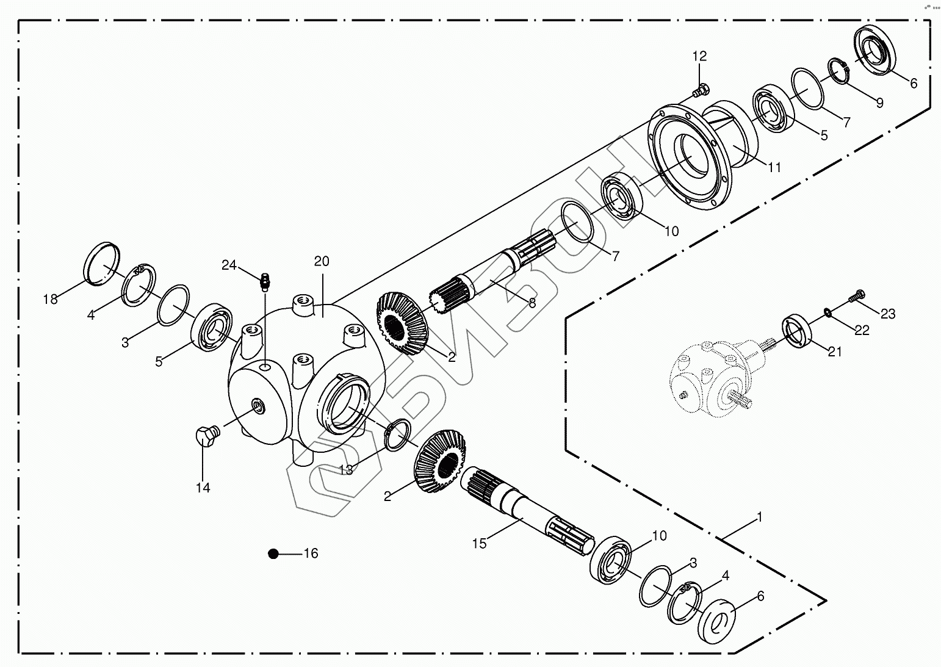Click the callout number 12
point(699,56)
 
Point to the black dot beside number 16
point(273,553)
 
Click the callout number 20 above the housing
point(322,262)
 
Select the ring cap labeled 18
point(101,263)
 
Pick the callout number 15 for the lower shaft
point(480,543)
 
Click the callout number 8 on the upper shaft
point(532,303)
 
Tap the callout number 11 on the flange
point(774,167)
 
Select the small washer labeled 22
point(827,312)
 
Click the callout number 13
point(345,469)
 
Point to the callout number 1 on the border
point(759,517)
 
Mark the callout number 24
point(229,265)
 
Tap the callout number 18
point(50,299)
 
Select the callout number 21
point(834,352)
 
